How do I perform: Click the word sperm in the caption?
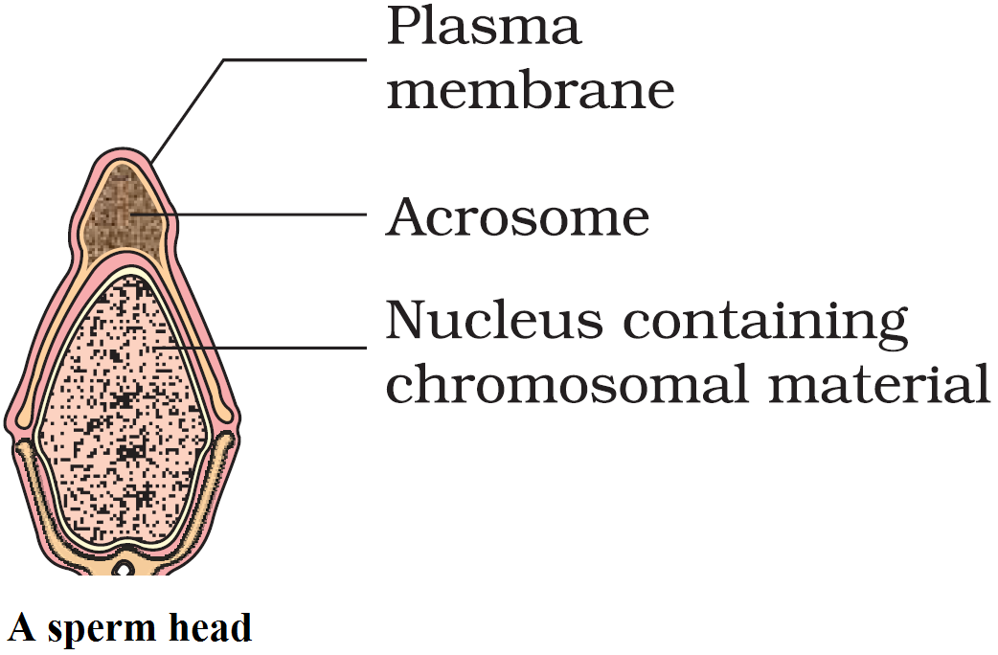click(x=91, y=630)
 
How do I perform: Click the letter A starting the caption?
click(x=21, y=628)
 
